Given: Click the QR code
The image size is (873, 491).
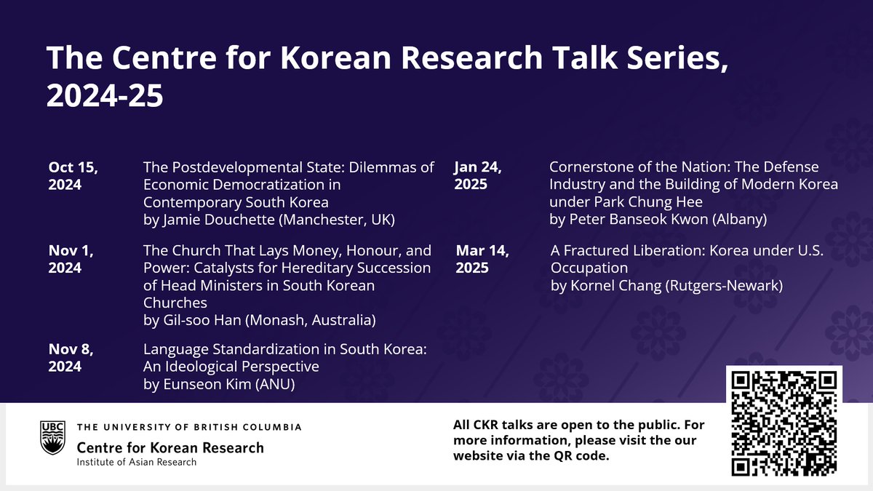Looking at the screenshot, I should [x=784, y=423].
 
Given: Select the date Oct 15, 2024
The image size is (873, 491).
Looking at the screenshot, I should [x=73, y=175].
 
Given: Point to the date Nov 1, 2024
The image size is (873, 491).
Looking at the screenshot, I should [x=71, y=259].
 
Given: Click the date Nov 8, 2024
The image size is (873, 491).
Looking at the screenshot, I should [x=71, y=357].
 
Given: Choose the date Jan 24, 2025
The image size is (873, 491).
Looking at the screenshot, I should [x=478, y=175].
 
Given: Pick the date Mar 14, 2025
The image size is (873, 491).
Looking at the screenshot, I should [x=482, y=259].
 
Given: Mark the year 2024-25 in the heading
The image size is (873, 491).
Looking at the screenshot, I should [x=105, y=96].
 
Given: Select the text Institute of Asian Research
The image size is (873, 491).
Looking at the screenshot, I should [x=136, y=462].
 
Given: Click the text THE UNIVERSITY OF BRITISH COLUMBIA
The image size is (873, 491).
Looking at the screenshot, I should [x=188, y=427].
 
